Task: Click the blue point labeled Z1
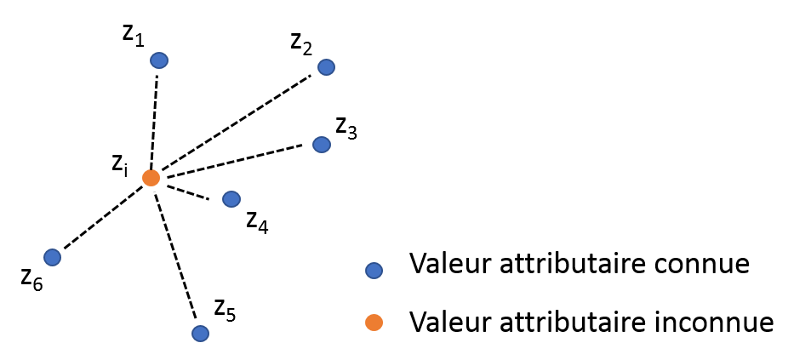tap(158, 60)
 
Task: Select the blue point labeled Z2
tap(325, 67)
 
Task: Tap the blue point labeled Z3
tap(321, 145)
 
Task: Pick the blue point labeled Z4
tap(231, 199)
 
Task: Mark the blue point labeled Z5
tap(200, 333)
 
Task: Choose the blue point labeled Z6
tap(52, 257)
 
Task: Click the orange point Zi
tap(151, 178)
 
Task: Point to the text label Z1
tap(133, 35)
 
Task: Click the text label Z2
tap(301, 43)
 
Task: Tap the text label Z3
tap(346, 129)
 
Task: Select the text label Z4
tap(257, 222)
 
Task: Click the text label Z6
tap(31, 280)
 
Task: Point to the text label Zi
tap(120, 166)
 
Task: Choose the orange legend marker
tap(373, 323)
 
